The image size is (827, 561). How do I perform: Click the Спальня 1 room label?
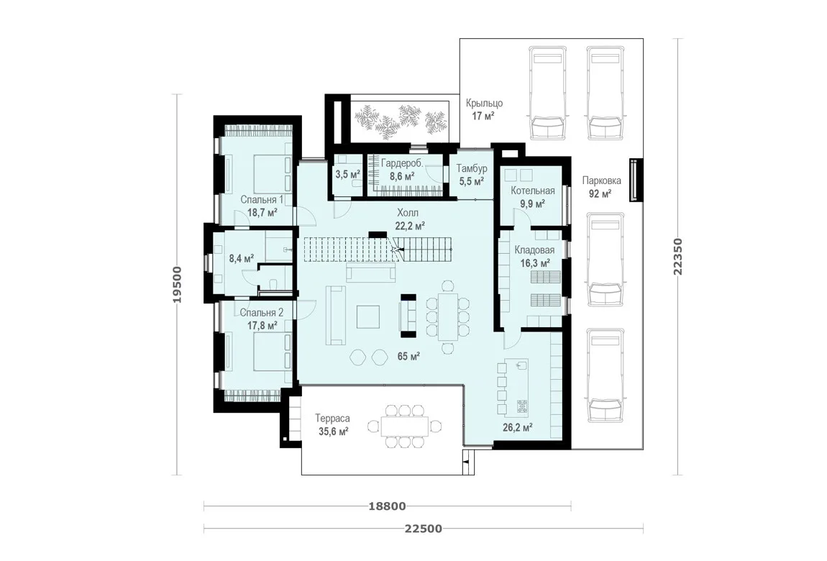point(262,200)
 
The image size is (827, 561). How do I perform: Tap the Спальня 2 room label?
point(262,313)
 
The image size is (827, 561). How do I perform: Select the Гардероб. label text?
point(402,164)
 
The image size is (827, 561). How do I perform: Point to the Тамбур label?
point(472,169)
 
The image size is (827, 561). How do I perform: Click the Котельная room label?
point(533,191)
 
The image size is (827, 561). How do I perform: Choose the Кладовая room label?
point(535,250)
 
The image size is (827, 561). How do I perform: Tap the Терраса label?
point(333,419)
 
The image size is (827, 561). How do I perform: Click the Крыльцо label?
point(484,104)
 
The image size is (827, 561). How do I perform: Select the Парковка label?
point(601,181)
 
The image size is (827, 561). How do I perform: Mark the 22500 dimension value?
point(424,529)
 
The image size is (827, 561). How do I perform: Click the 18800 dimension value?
point(387,506)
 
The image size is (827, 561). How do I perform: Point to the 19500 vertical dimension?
point(177,285)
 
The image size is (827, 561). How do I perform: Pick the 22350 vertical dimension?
point(678,257)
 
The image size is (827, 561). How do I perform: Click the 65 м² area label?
point(408,357)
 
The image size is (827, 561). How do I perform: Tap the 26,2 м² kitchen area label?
point(517,428)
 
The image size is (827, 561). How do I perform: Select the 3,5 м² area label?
point(348,175)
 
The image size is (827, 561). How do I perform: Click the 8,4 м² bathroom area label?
point(242,258)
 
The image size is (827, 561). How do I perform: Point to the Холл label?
point(408,213)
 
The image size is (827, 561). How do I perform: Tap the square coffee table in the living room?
point(367,317)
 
